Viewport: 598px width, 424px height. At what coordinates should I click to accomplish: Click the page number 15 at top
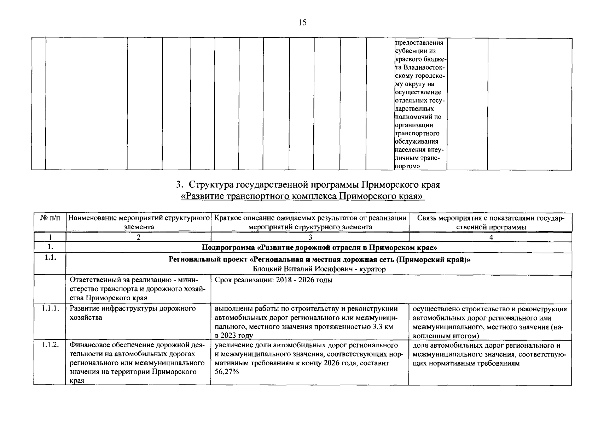point(302,23)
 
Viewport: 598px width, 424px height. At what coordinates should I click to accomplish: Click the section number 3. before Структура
point(179,185)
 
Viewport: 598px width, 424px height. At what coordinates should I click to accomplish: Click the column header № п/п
point(50,218)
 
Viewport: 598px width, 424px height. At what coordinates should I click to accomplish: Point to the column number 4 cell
point(491,237)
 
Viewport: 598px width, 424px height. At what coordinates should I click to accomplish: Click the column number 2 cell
point(139,237)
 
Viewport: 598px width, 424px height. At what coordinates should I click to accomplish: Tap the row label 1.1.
point(50,258)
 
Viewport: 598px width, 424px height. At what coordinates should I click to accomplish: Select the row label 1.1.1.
point(50,309)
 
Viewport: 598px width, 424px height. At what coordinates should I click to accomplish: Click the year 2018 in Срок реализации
point(284,280)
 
